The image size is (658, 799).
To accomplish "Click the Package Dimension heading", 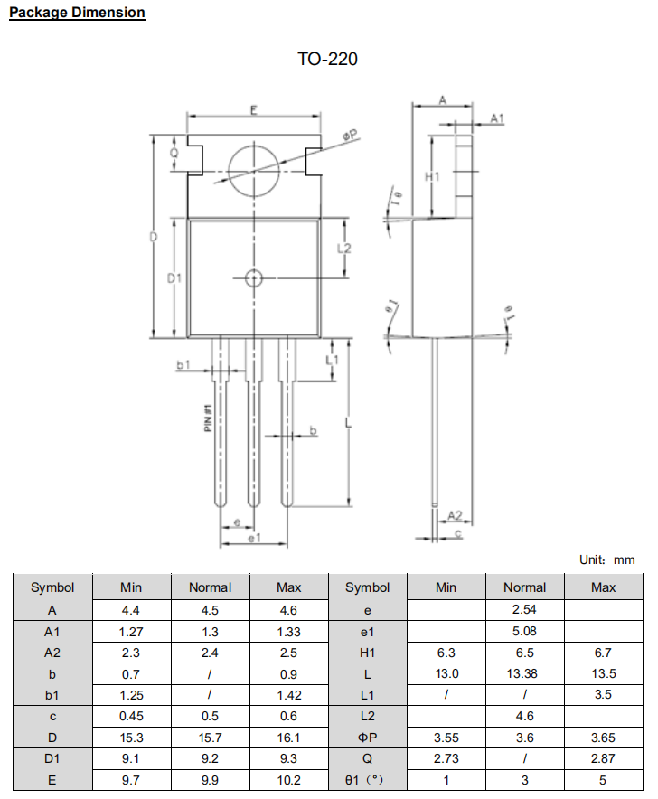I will pyautogui.click(x=77, y=13).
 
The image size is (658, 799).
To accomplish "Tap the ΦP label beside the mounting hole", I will pyautogui.click(x=351, y=136).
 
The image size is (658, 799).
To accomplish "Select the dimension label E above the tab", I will pyautogui.click(x=254, y=110).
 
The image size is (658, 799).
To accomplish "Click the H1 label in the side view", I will pyautogui.click(x=432, y=176).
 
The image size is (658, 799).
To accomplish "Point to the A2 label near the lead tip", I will pyautogui.click(x=456, y=515).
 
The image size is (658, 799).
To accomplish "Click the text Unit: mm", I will pyautogui.click(x=606, y=560).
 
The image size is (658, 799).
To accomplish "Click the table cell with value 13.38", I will pyautogui.click(x=524, y=673).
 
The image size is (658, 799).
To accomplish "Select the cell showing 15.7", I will pyautogui.click(x=210, y=738).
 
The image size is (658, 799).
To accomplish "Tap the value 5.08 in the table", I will pyautogui.click(x=524, y=631).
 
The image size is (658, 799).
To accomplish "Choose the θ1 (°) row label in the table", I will pyautogui.click(x=368, y=780).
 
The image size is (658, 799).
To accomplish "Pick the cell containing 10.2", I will pyautogui.click(x=288, y=780).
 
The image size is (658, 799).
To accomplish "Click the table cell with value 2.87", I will pyautogui.click(x=603, y=759).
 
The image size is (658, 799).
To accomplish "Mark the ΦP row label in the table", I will pyautogui.click(x=368, y=738).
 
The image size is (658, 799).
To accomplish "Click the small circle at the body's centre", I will pyautogui.click(x=254, y=277).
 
